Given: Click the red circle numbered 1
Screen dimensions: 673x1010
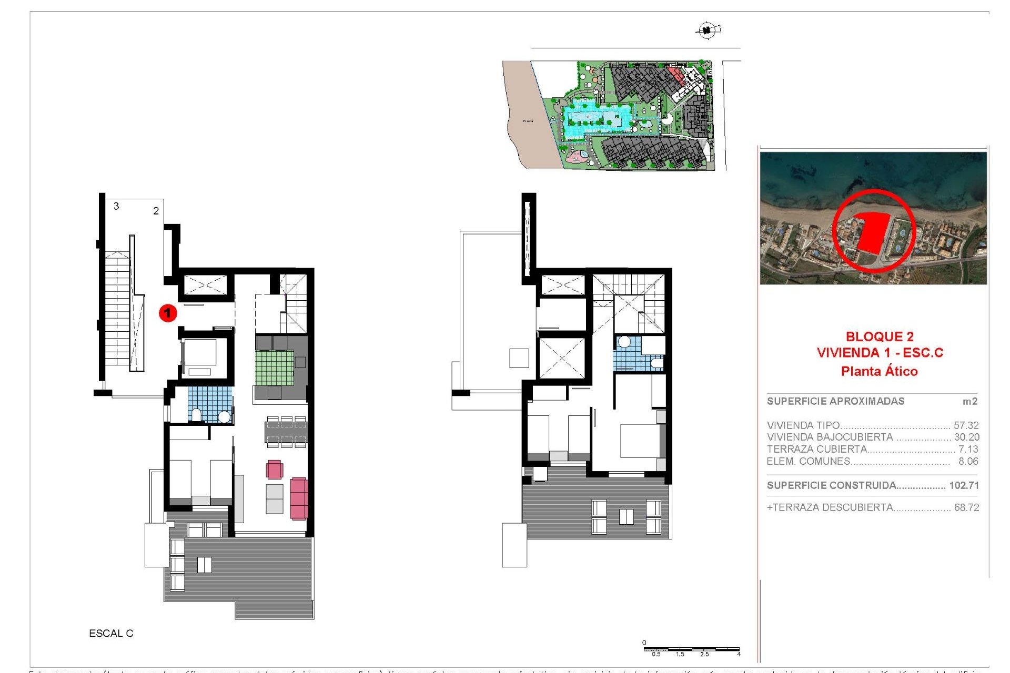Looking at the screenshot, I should pyautogui.click(x=168, y=313).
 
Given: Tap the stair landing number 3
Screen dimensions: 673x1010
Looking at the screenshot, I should pyautogui.click(x=116, y=206).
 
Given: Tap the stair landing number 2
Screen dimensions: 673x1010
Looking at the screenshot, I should pyautogui.click(x=156, y=211).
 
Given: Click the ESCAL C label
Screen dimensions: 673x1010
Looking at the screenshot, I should pyautogui.click(x=111, y=634).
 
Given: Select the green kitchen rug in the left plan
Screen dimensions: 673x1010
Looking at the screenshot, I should pyautogui.click(x=275, y=368).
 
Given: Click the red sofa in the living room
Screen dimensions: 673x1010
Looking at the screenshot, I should pyautogui.click(x=298, y=498).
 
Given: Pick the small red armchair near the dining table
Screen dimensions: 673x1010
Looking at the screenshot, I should pyautogui.click(x=275, y=469).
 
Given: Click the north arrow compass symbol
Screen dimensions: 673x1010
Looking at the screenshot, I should pyautogui.click(x=707, y=30).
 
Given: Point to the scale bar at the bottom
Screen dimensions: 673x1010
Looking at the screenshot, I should pyautogui.click(x=691, y=650).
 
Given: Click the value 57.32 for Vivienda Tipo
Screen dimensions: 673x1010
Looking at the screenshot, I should pyautogui.click(x=966, y=425).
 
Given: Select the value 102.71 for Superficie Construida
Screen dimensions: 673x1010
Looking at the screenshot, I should pyautogui.click(x=964, y=485).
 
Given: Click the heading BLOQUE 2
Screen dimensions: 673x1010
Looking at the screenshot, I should pyautogui.click(x=880, y=336).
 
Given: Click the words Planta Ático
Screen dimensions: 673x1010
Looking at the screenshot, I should pyautogui.click(x=879, y=371).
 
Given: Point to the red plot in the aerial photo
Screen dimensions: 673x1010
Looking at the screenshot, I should pyautogui.click(x=873, y=231).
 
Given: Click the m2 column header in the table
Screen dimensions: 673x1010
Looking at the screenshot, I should pyautogui.click(x=969, y=401).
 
